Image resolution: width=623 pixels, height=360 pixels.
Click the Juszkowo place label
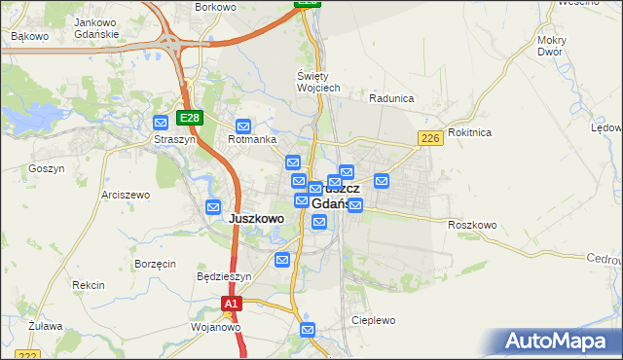point(256,219)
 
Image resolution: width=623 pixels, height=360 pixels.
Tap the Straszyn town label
point(175,139)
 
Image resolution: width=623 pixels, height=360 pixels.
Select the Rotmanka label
point(246,139)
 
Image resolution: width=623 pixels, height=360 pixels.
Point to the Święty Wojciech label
point(318,82)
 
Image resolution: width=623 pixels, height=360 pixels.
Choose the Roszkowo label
point(473,225)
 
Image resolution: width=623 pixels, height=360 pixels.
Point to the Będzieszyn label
point(224,276)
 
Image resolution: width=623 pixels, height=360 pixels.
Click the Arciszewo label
point(124,195)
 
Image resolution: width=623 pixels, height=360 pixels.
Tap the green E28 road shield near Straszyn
point(189,118)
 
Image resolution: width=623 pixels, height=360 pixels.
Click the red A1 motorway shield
point(230,305)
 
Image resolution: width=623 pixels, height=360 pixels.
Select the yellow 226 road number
point(432,140)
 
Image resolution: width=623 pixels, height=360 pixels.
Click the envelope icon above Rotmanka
point(243,126)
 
